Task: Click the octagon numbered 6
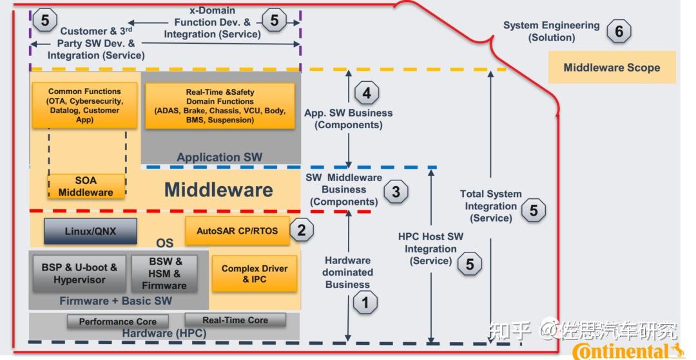619,31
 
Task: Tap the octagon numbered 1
365,302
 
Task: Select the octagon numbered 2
301,231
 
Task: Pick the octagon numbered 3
396,191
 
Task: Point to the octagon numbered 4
367,93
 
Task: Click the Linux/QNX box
90,231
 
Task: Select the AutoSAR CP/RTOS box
237,231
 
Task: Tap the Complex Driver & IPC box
255,274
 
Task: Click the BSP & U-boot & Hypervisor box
79,274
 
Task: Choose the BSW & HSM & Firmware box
165,274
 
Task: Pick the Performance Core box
117,321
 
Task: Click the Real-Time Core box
235,319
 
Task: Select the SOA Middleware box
86,186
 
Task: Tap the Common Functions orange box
84,106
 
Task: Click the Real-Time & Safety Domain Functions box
220,106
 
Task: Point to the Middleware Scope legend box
612,68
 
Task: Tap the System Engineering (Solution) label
552,32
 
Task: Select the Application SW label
220,157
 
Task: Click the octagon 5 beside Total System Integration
533,210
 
